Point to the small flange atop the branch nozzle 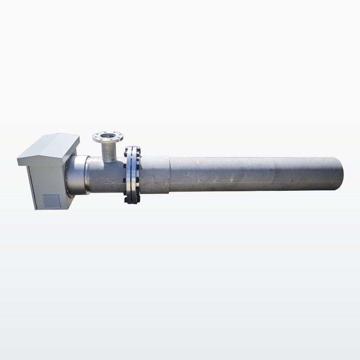108,136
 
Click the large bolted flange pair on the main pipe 131,175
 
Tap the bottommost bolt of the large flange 131,202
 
